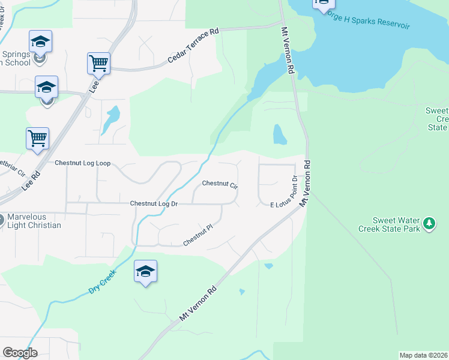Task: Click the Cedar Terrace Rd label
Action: (193, 47)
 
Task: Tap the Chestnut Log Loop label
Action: (83, 163)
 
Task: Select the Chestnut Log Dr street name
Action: (154, 204)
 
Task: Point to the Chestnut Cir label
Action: (220, 184)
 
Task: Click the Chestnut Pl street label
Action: (199, 235)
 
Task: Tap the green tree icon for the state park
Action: (429, 224)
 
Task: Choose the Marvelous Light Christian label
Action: (34, 221)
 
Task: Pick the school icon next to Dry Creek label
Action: (145, 271)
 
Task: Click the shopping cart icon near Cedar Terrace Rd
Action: (98, 62)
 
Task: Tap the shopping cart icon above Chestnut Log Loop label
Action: (37, 138)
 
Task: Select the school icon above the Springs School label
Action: (40, 41)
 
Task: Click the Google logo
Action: (20, 352)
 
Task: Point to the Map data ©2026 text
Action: (423, 355)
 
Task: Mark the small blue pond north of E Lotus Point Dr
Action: (280, 134)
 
